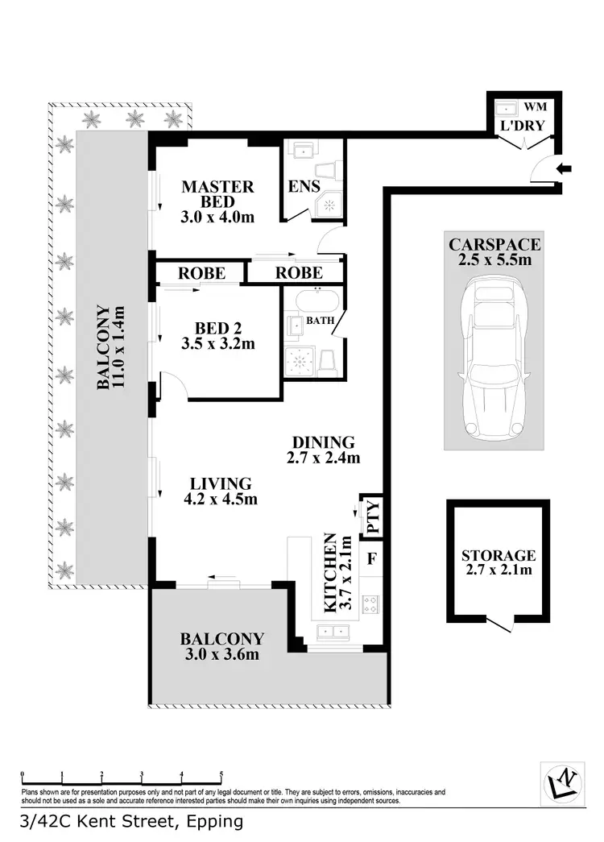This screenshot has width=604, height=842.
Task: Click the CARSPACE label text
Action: coord(494,244)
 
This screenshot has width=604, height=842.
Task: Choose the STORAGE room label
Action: coord(499,555)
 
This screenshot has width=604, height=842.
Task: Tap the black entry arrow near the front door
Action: coord(566,169)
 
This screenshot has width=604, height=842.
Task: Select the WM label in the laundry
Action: coord(535,107)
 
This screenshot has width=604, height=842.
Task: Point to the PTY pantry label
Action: coord(372,516)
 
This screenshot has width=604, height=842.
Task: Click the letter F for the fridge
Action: coord(372,558)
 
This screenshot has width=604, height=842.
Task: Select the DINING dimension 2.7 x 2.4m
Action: coord(324,458)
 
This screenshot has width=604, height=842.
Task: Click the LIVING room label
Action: coord(221,483)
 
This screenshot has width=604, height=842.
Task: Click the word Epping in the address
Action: coord(214,823)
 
